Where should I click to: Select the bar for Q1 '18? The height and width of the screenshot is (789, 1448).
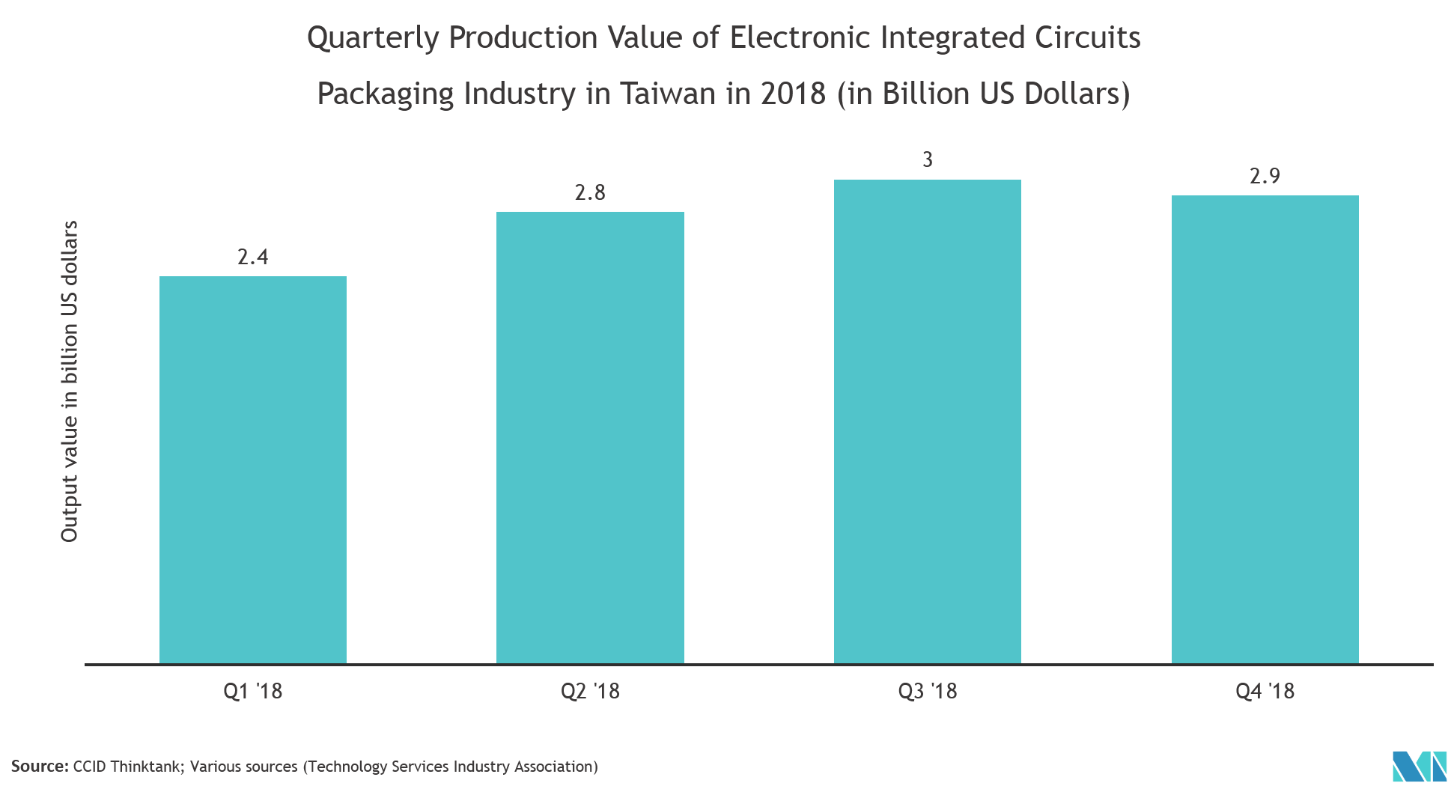(x=253, y=469)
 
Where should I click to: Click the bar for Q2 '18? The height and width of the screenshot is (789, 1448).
(x=590, y=437)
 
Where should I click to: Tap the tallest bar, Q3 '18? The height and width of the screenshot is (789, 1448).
(x=927, y=421)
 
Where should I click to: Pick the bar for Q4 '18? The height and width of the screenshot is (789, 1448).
(x=1265, y=429)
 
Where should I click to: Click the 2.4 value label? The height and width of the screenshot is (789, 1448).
(x=253, y=258)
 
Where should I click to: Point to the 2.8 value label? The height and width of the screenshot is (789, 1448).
(x=590, y=193)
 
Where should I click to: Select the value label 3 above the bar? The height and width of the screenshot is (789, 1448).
(x=928, y=159)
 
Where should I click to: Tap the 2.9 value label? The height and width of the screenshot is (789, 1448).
(x=1265, y=177)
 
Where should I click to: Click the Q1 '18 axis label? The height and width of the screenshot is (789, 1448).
(x=253, y=691)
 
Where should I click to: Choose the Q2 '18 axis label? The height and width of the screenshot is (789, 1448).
(x=590, y=691)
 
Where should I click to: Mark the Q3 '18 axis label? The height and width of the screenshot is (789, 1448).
(x=928, y=691)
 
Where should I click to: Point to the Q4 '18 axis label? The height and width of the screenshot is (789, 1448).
(x=1265, y=691)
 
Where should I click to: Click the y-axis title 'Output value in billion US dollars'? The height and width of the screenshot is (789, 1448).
(x=70, y=381)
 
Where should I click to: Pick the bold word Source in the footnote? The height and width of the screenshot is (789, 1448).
(x=38, y=767)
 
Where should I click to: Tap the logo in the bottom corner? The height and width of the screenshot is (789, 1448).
(x=1418, y=767)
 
